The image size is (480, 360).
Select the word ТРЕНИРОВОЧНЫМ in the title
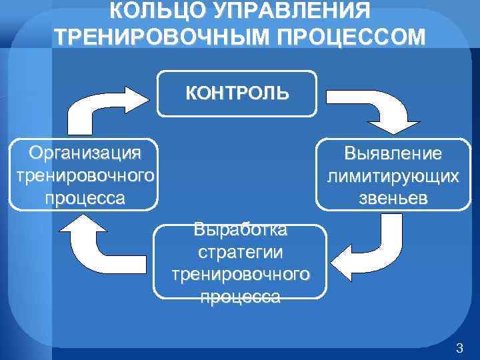(157, 37)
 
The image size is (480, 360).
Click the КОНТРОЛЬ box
(237, 93)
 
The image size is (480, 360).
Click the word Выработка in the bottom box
(240, 231)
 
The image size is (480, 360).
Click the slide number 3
(459, 347)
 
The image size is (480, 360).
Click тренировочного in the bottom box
(240, 275)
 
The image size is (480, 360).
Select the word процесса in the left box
(85, 198)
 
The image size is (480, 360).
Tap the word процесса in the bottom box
(240, 297)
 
